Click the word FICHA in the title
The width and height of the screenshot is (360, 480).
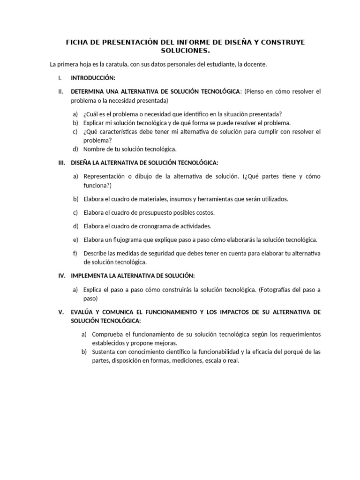pyautogui.click(x=77, y=42)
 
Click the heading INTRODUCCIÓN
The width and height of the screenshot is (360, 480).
pyautogui.click(x=93, y=78)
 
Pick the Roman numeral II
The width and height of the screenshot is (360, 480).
pyautogui.click(x=60, y=91)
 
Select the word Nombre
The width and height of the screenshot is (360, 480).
pyautogui.click(x=95, y=149)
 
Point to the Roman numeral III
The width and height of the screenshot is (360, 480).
pyautogui.click(x=61, y=163)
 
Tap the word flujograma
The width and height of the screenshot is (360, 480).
pyautogui.click(x=135, y=240)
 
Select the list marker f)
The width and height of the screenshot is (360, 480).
pyautogui.click(x=75, y=253)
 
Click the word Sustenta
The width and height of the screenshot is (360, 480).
pyautogui.click(x=105, y=352)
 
